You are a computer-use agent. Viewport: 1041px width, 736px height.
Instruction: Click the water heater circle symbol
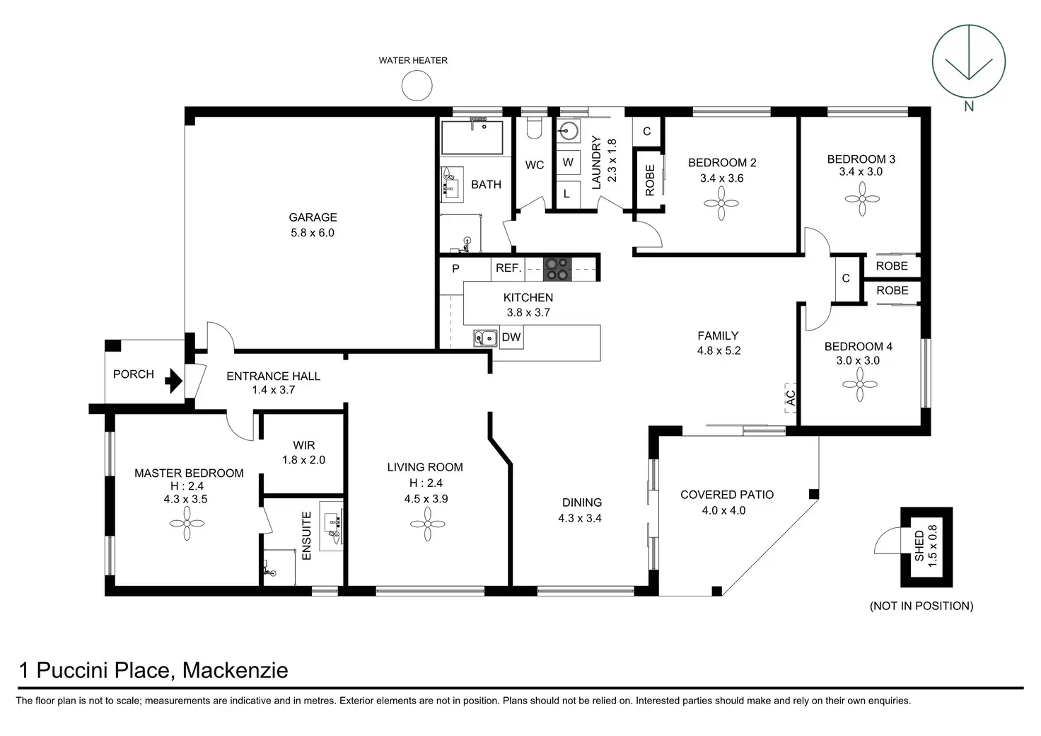417,86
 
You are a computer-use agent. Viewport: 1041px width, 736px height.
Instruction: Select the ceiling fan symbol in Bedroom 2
722,205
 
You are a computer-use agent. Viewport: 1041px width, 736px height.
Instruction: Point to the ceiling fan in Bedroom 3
861,199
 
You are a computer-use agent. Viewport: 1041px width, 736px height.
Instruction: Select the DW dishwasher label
511,338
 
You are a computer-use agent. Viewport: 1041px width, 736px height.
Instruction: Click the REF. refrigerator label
508,268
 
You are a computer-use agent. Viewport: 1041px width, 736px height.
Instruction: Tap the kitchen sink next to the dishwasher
485,338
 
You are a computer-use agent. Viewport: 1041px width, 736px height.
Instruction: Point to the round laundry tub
568,132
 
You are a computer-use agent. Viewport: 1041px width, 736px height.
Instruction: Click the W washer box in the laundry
568,163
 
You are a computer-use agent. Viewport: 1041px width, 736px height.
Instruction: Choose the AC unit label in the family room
790,398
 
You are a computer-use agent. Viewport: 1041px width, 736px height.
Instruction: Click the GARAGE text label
313,217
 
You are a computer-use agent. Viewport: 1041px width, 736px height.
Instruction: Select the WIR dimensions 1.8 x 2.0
303,460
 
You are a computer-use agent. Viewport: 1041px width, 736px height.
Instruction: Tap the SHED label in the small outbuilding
919,546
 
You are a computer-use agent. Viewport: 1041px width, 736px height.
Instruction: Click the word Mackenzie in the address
235,670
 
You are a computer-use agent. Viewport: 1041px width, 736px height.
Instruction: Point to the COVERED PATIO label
727,495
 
